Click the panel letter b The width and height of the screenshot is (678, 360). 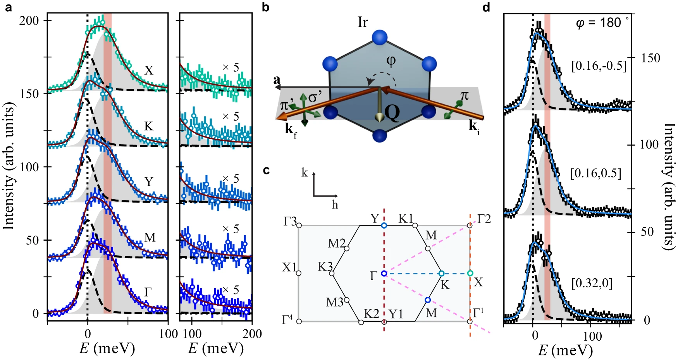(x=265, y=7)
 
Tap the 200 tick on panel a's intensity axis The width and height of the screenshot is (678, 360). (x=29, y=21)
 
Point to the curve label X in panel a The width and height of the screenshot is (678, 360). (x=149, y=71)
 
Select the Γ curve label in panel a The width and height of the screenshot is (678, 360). (x=148, y=292)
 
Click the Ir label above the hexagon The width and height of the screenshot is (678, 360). (x=363, y=22)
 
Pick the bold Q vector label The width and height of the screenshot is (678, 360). (x=392, y=113)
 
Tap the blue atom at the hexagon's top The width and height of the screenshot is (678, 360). (x=380, y=38)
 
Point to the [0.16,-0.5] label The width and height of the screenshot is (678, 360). (x=599, y=66)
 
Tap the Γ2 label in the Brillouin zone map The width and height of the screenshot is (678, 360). (x=484, y=219)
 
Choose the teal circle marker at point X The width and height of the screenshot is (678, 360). (x=470, y=273)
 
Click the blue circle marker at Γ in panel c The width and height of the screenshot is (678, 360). (x=384, y=274)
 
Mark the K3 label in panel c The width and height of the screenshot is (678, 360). (x=325, y=267)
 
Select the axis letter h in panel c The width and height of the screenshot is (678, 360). (x=335, y=204)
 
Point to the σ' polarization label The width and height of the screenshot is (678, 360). (x=315, y=97)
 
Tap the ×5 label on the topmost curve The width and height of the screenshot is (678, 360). (x=231, y=67)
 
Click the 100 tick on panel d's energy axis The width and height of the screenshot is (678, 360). (x=592, y=336)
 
